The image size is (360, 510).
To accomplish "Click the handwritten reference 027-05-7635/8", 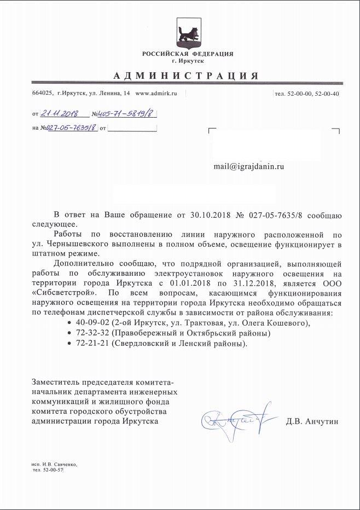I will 71,128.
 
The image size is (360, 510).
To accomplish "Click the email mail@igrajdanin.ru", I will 249,166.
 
